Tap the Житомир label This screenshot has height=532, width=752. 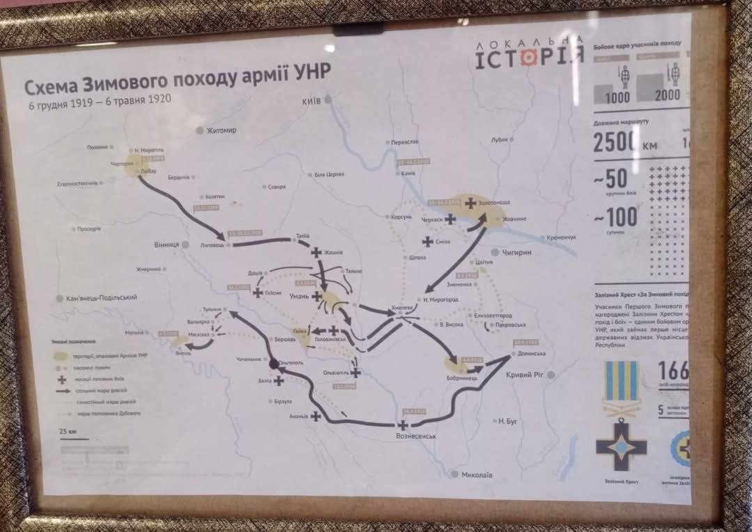pos(221,130)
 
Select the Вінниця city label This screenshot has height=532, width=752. pos(166,245)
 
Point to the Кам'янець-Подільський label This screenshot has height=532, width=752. pos(102,297)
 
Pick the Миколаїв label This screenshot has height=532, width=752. pos(477,475)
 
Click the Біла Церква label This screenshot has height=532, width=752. pos(329,174)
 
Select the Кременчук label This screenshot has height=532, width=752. pos(561,237)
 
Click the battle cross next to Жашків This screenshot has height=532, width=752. pos(317,253)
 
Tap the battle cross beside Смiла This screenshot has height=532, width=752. pos(427,242)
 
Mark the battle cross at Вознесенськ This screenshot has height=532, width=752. pos(402,423)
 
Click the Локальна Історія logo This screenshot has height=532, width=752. pos(530,54)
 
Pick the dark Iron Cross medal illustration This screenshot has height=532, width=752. pos(621,445)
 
